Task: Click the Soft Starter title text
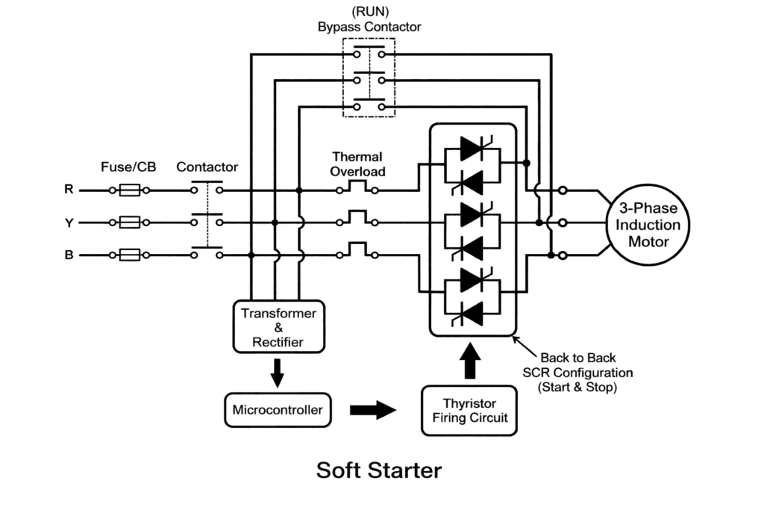378,470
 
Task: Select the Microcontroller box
278,409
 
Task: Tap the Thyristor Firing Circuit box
469,409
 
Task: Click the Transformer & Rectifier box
278,327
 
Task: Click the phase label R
69,190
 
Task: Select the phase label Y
69,223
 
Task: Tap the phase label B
69,255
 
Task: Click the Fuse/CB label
128,167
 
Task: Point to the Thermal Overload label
358,164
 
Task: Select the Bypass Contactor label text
369,27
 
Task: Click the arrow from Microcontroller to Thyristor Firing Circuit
373,410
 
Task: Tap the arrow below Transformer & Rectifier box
277,373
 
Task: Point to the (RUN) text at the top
369,11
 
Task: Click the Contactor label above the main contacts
207,167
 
